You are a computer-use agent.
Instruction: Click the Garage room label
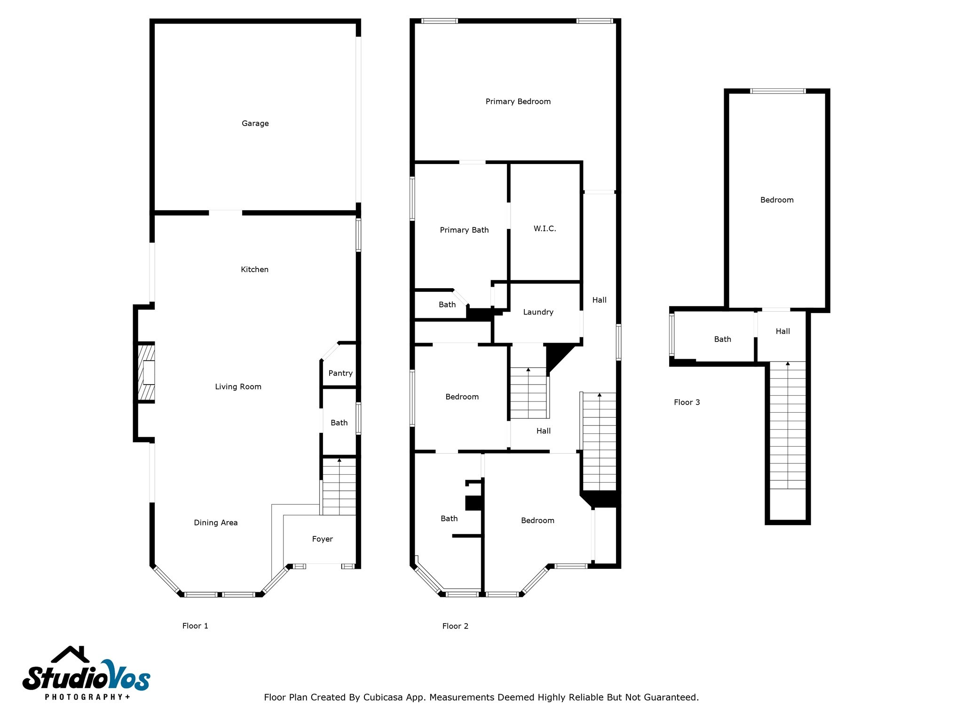[x=255, y=124]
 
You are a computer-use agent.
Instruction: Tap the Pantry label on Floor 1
[x=340, y=373]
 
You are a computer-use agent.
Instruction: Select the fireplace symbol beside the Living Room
[x=146, y=373]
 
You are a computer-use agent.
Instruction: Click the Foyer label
[x=322, y=539]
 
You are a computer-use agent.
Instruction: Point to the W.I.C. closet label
[x=545, y=229]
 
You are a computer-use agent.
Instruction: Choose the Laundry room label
[x=538, y=312]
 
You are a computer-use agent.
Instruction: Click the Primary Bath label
[x=464, y=230]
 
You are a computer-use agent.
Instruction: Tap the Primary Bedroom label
[x=518, y=102]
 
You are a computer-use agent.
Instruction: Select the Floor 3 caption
[x=687, y=402]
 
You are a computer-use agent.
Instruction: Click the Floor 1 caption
[x=195, y=626]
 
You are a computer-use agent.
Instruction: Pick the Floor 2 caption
[x=455, y=626]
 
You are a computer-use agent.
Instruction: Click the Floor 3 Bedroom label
[x=777, y=200]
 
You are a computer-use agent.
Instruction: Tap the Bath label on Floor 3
[x=722, y=339]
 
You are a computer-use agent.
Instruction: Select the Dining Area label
[x=215, y=523]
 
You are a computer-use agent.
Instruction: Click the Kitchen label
[x=254, y=270]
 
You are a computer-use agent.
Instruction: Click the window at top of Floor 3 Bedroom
[x=778, y=91]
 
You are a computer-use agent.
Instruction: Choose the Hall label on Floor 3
[x=782, y=331]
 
